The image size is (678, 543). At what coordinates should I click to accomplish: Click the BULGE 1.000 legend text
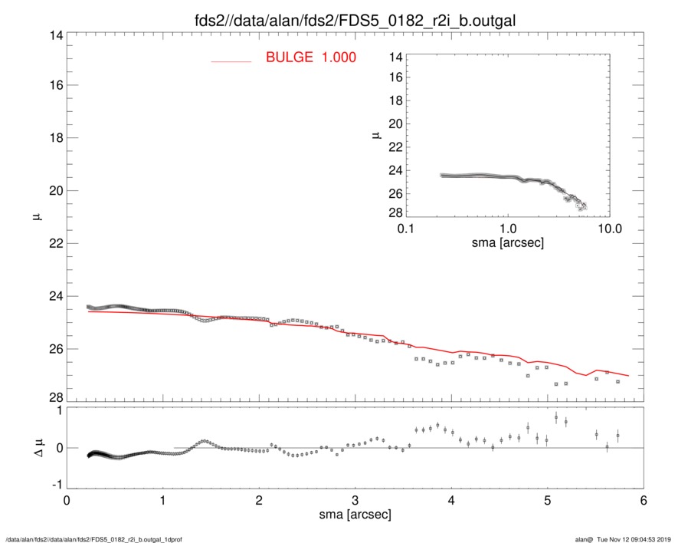311,57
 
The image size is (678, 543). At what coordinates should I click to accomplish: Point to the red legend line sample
231,61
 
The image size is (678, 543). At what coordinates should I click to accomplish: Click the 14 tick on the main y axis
54,36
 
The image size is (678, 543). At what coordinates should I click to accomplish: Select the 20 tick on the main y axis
54,191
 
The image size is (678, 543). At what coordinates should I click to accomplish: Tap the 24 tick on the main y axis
54,296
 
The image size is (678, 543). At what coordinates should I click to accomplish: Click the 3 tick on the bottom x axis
355,501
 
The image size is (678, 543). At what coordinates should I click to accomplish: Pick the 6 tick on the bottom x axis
643,501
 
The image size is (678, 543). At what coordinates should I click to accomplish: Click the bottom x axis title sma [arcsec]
355,516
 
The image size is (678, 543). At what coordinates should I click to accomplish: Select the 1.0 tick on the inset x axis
508,229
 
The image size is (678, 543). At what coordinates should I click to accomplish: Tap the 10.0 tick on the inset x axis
609,229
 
